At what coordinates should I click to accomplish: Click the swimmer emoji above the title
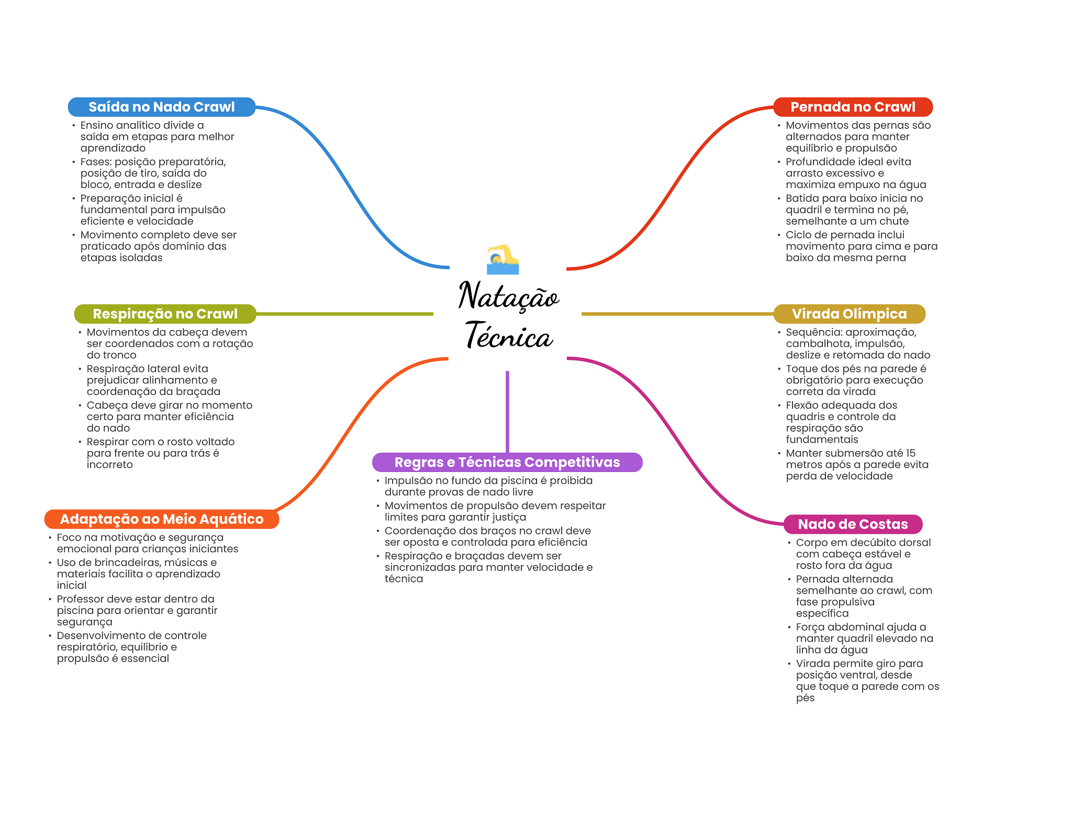click(502, 259)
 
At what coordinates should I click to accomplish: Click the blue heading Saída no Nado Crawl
click(161, 107)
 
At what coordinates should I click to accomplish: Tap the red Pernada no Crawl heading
click(853, 107)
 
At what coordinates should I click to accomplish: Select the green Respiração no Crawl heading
click(165, 314)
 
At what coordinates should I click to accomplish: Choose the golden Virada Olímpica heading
click(849, 314)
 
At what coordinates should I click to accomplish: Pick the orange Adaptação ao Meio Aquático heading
click(162, 519)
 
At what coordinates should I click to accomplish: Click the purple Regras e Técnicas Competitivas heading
click(507, 462)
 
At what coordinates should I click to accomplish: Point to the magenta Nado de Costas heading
click(853, 524)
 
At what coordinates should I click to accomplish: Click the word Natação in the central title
click(508, 296)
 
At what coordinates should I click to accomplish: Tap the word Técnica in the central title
click(508, 336)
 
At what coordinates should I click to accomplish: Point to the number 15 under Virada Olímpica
click(910, 453)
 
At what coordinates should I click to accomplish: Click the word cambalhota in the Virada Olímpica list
click(818, 344)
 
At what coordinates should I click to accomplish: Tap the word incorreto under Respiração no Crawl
click(109, 465)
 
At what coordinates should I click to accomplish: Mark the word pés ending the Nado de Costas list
click(805, 698)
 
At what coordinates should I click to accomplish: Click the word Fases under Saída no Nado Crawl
click(95, 162)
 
